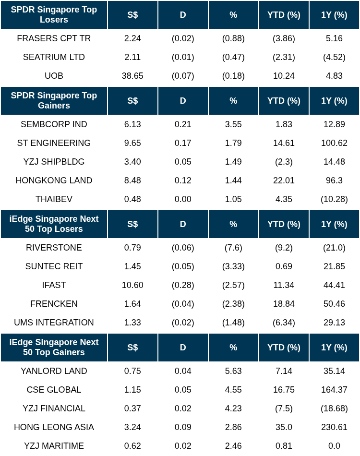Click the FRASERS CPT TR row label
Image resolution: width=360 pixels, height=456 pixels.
click(54, 38)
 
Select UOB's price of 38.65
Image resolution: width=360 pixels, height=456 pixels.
click(132, 76)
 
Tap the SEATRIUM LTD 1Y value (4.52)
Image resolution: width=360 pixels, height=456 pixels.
click(334, 57)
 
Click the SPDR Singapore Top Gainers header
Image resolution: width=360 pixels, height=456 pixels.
click(54, 101)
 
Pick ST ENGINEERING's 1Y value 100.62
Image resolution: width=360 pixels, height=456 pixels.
click(334, 143)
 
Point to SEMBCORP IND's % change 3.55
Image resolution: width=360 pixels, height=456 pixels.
click(233, 124)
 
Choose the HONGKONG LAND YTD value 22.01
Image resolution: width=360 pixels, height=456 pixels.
click(284, 180)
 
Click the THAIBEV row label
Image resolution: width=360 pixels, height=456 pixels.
click(54, 199)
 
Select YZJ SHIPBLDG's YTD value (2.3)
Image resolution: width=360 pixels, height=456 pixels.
click(284, 162)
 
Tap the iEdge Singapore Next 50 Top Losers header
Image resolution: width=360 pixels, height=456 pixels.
click(54, 224)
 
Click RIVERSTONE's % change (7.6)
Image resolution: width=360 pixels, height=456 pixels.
click(233, 248)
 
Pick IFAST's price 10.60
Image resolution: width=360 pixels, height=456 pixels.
click(132, 285)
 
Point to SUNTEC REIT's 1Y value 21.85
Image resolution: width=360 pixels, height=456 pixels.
click(334, 266)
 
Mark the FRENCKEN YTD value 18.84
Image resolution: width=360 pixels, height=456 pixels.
click(284, 304)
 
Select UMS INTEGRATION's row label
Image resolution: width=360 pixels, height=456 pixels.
click(54, 323)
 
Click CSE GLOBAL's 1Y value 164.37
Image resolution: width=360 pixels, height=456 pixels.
click(334, 390)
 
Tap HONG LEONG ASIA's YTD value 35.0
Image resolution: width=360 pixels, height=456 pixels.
click(284, 427)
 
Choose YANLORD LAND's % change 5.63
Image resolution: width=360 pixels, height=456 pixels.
click(233, 371)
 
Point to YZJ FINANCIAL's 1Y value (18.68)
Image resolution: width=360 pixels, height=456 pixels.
click(334, 408)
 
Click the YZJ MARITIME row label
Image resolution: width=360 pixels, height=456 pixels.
click(54, 446)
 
